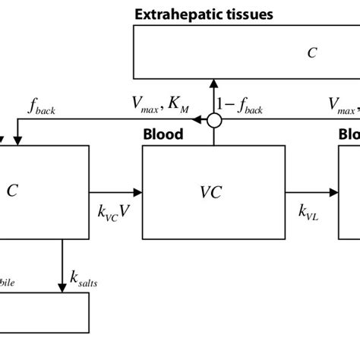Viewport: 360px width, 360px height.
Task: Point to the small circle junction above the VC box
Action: click(x=215, y=120)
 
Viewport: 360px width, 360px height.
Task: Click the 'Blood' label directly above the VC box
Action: click(x=163, y=135)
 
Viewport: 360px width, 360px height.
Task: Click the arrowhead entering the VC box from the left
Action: click(x=137, y=192)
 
